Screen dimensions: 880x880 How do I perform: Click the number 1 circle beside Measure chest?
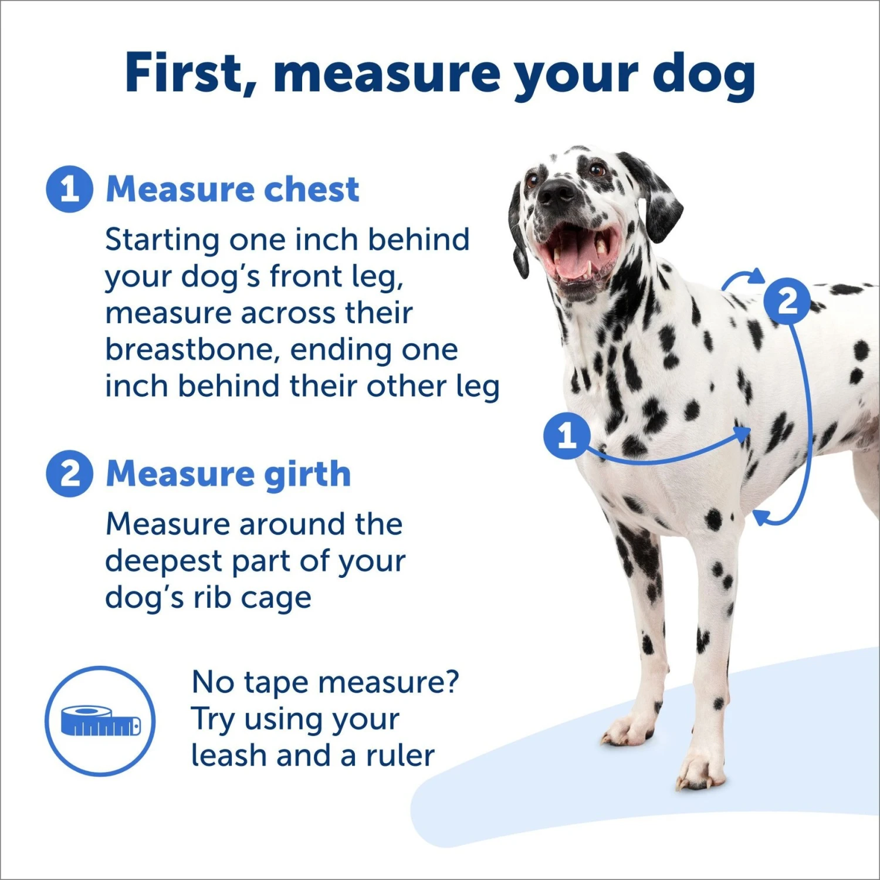click(x=69, y=189)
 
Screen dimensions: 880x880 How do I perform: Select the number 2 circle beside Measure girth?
click(x=69, y=473)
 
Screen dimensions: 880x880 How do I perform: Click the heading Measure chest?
click(x=232, y=189)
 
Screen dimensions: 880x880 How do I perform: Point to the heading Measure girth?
click(x=228, y=473)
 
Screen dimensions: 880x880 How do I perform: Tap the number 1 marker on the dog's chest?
click(x=566, y=435)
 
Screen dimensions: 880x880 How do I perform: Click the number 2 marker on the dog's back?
click(x=787, y=301)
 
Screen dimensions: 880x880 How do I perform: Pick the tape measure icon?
click(x=100, y=721)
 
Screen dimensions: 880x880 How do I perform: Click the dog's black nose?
click(x=556, y=193)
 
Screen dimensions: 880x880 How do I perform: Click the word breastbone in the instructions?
click(x=188, y=350)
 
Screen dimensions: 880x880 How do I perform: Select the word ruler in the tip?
click(x=400, y=756)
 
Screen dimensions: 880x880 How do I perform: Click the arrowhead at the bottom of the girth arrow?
click(x=761, y=516)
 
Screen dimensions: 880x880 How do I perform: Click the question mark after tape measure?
click(x=451, y=682)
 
